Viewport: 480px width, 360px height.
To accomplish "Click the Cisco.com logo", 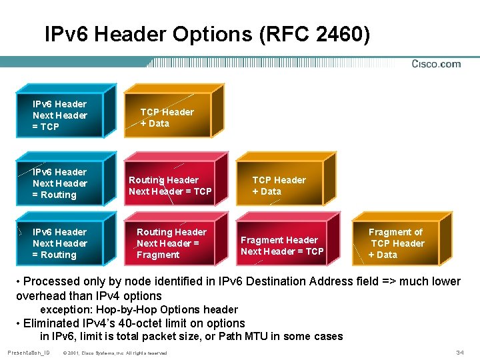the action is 436,64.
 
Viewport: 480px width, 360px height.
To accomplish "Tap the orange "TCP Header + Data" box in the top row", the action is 167,117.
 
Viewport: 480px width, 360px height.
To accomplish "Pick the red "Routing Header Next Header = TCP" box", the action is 170,185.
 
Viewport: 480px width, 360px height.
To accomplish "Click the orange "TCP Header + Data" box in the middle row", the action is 279,185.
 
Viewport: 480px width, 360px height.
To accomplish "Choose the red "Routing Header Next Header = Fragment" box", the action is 171,243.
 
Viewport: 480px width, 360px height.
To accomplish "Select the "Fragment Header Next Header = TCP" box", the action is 282,245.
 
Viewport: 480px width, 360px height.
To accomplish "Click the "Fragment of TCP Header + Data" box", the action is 396,243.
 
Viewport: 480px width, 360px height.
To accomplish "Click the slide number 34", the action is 459,352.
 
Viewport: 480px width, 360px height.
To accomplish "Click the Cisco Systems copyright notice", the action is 114,353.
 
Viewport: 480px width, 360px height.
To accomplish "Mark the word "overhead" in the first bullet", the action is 41,295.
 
